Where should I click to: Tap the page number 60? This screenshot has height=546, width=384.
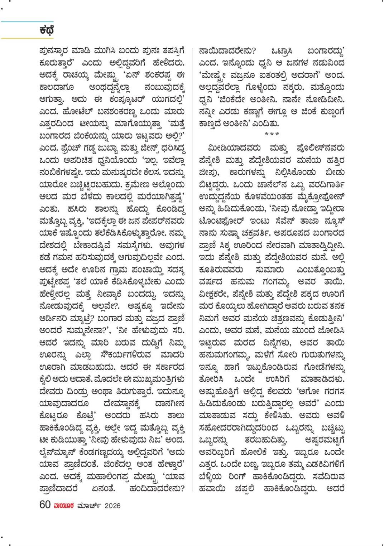(x=45, y=505)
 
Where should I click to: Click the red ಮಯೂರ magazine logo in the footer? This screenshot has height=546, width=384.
(x=64, y=506)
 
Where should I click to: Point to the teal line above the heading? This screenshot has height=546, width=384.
(x=27, y=22)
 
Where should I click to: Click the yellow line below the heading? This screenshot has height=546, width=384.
(x=27, y=38)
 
